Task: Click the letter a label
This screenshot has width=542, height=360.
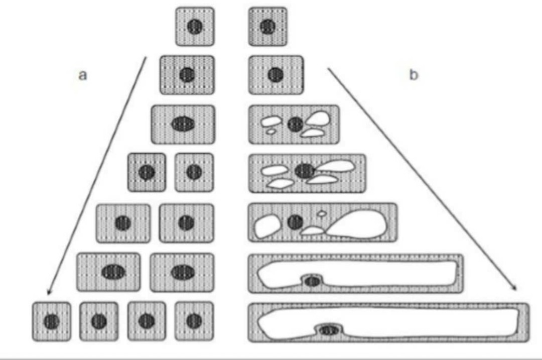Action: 83,75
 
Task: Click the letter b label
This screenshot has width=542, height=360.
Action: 414,75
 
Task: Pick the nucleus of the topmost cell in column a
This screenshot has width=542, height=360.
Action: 195,26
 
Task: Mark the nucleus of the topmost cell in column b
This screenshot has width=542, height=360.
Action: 268,26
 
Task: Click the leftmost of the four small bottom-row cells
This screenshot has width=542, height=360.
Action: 51,321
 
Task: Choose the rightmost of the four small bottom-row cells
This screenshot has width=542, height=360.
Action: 194,321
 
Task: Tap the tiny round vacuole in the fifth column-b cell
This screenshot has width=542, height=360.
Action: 322,213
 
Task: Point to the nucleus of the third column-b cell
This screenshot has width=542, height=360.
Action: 296,124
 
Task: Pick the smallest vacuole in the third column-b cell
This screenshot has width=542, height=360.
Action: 270,132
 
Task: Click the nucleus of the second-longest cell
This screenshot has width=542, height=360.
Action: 312,281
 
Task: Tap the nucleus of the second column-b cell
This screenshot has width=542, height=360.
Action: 276,75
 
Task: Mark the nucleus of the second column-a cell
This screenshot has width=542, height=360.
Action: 187,75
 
